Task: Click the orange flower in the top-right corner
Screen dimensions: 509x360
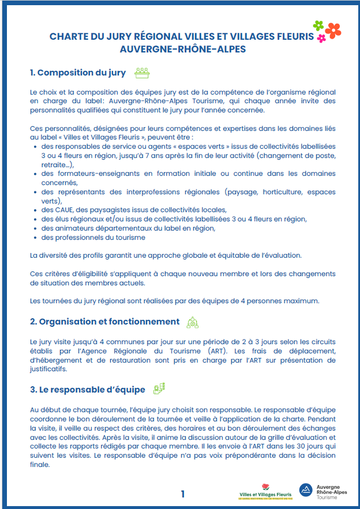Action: [333, 30]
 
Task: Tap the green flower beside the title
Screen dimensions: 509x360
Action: [318, 25]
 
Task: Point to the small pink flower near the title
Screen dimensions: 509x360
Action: [321, 39]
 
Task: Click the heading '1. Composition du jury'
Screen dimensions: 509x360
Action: [78, 73]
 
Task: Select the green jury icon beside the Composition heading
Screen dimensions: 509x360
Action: [142, 73]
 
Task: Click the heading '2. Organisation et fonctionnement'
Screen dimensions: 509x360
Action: [104, 322]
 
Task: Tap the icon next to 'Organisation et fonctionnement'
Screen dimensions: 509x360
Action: [192, 322]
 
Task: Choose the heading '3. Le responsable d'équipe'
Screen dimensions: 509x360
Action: [87, 390]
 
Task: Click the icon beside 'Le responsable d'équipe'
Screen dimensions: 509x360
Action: [159, 389]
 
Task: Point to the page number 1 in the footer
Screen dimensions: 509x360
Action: [183, 493]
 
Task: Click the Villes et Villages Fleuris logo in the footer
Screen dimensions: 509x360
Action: [265, 492]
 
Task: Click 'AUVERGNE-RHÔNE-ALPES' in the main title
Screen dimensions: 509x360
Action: [182, 49]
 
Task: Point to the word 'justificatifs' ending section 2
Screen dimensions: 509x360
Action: [48, 370]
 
